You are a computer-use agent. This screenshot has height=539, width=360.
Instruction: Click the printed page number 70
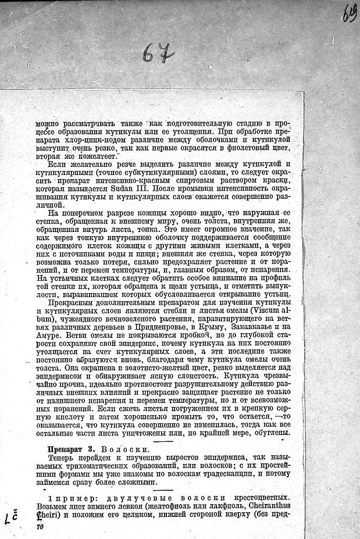pyautogui.click(x=40, y=526)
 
